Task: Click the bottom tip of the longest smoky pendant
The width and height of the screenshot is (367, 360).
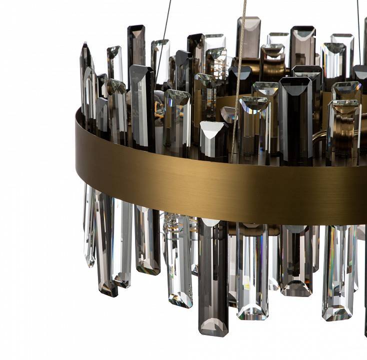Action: pos(213,332)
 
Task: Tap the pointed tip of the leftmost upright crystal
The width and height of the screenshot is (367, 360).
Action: pos(84,44)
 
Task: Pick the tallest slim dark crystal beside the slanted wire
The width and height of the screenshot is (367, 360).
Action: pos(135,45)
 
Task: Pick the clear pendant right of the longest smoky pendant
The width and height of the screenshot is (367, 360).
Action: pos(252,272)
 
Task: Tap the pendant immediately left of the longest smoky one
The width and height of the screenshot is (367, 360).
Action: pos(179,260)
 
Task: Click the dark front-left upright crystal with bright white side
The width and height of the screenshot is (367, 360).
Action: pos(142,105)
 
